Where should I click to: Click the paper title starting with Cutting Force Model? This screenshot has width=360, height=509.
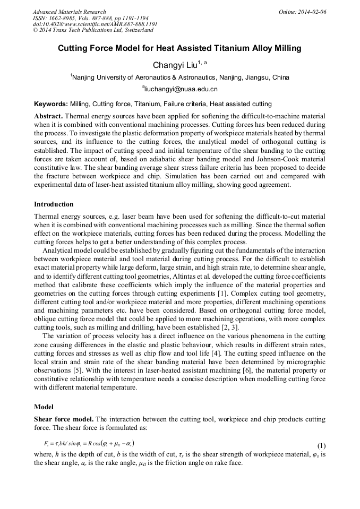pos(179,48)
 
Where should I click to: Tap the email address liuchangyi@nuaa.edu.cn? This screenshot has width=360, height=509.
pos(180,89)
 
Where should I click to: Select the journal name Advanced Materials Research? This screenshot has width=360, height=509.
pos(69,12)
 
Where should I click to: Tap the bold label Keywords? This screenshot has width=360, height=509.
pos(51,104)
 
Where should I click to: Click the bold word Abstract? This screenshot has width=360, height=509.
pos(49,116)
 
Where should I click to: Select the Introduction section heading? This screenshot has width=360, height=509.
pos(54,204)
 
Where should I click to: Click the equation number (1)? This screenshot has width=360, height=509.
pos(321,446)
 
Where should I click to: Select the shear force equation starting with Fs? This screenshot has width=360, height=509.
pos(89,443)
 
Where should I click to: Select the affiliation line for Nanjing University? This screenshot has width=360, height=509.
pos(180,77)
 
